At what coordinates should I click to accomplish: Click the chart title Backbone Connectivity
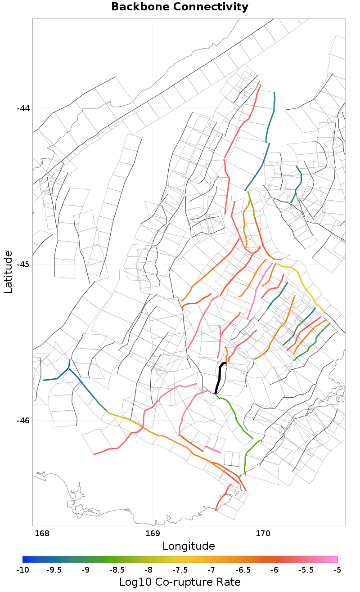(180, 7)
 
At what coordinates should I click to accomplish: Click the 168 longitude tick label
(42, 534)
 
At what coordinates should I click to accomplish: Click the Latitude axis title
(8, 272)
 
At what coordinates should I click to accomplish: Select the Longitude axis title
(189, 546)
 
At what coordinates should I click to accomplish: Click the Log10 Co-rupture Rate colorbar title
(180, 582)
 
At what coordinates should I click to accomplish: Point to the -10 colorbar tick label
(22, 570)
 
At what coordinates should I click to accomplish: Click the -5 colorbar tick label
(337, 570)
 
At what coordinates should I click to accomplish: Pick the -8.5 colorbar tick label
(117, 570)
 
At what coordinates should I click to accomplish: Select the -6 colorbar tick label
(274, 570)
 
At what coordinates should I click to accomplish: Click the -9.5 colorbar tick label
(54, 570)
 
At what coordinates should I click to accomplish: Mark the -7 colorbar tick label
(211, 570)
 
